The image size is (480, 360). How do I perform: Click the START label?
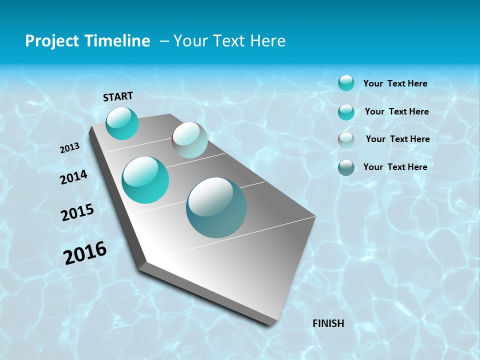(118, 96)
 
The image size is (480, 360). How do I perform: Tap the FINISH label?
(328, 323)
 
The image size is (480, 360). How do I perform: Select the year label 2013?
(69, 148)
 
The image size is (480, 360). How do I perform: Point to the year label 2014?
(73, 177)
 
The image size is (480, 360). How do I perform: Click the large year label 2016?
(85, 253)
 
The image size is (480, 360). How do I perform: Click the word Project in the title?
(51, 41)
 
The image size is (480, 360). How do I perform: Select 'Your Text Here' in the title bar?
(229, 41)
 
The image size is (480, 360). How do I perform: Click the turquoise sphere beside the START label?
(122, 123)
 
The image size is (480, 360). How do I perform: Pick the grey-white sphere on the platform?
(189, 140)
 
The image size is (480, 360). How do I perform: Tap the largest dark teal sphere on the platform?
(216, 207)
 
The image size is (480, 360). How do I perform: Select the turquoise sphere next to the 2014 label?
(145, 180)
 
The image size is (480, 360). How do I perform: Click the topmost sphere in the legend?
(346, 83)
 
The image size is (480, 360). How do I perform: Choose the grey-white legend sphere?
(346, 140)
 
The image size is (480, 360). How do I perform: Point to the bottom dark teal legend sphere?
(346, 167)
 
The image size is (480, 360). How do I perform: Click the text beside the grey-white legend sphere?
(397, 139)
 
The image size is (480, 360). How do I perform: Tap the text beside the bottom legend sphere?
(395, 167)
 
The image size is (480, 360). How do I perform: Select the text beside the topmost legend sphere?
(395, 83)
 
